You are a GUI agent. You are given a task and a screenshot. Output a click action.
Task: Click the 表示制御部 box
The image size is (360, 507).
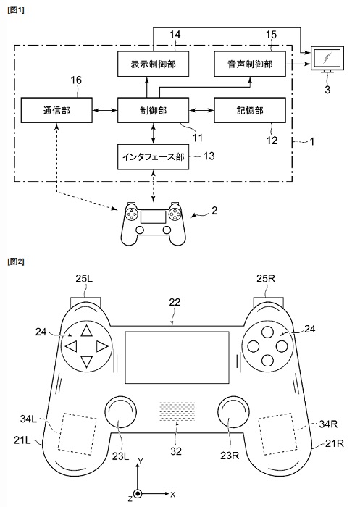pos(153,64)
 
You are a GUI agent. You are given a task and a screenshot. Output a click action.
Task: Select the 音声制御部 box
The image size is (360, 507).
pos(250,64)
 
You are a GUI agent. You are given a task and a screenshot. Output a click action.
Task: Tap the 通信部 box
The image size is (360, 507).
pos(56,110)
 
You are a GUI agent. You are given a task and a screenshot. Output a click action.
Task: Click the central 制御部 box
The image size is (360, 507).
pos(153,110)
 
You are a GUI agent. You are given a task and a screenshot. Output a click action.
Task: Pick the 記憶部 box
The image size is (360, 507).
pos(250,110)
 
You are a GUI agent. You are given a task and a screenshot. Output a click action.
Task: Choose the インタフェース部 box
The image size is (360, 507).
pos(153,157)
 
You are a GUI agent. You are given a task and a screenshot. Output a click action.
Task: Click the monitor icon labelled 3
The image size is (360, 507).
pos(327,59)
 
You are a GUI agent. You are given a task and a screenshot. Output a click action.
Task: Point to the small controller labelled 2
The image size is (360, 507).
pos(153,223)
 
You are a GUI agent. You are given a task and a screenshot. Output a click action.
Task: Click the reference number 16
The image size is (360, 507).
pos(76,80)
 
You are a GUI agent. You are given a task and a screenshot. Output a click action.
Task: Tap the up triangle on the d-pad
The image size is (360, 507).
pos(86,332)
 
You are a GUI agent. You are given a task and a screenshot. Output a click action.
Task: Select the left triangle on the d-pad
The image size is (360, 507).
pos(72,347)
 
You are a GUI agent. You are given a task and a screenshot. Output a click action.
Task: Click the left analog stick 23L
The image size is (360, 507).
pos(120,412)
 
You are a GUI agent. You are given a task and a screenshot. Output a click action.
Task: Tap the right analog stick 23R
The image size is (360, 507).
pos(233,412)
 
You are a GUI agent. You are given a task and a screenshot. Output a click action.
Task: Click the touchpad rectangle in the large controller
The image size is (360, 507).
pos(177,357)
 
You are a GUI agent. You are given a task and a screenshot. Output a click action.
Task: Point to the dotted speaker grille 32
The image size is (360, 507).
pos(177,411)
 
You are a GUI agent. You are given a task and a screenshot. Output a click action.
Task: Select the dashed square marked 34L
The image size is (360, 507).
pos(78,433)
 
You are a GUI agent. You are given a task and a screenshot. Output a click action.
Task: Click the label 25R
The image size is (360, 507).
pos(266,278)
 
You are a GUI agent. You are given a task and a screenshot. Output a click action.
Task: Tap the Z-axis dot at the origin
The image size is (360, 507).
pos(138,494)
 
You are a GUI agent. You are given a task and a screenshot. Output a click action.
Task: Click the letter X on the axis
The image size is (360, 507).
pos(172,495)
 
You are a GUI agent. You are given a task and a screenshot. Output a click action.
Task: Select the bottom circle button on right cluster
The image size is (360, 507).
pos(267,360)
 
